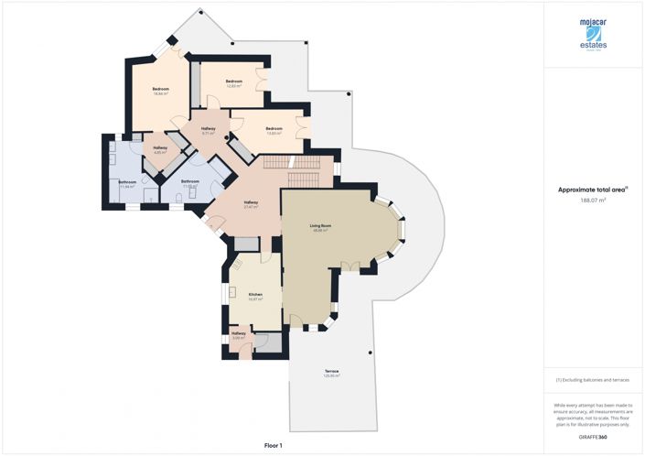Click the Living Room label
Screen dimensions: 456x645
(x=319, y=225)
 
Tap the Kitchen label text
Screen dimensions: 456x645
(x=255, y=295)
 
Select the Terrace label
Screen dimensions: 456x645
(x=331, y=371)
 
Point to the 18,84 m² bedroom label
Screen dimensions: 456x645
(x=160, y=90)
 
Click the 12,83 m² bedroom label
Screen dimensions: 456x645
(x=234, y=81)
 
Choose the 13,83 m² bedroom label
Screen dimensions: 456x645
(x=274, y=129)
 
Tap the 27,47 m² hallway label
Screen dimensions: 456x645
(x=251, y=202)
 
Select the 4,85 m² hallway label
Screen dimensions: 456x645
(x=159, y=149)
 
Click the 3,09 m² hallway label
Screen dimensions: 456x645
(x=239, y=334)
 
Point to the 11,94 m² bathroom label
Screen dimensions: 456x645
(x=126, y=183)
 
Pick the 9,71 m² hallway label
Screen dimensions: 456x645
(x=208, y=130)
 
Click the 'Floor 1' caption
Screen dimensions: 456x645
(x=273, y=445)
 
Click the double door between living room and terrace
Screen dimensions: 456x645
(x=349, y=266)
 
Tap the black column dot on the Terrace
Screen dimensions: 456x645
(x=369, y=353)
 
